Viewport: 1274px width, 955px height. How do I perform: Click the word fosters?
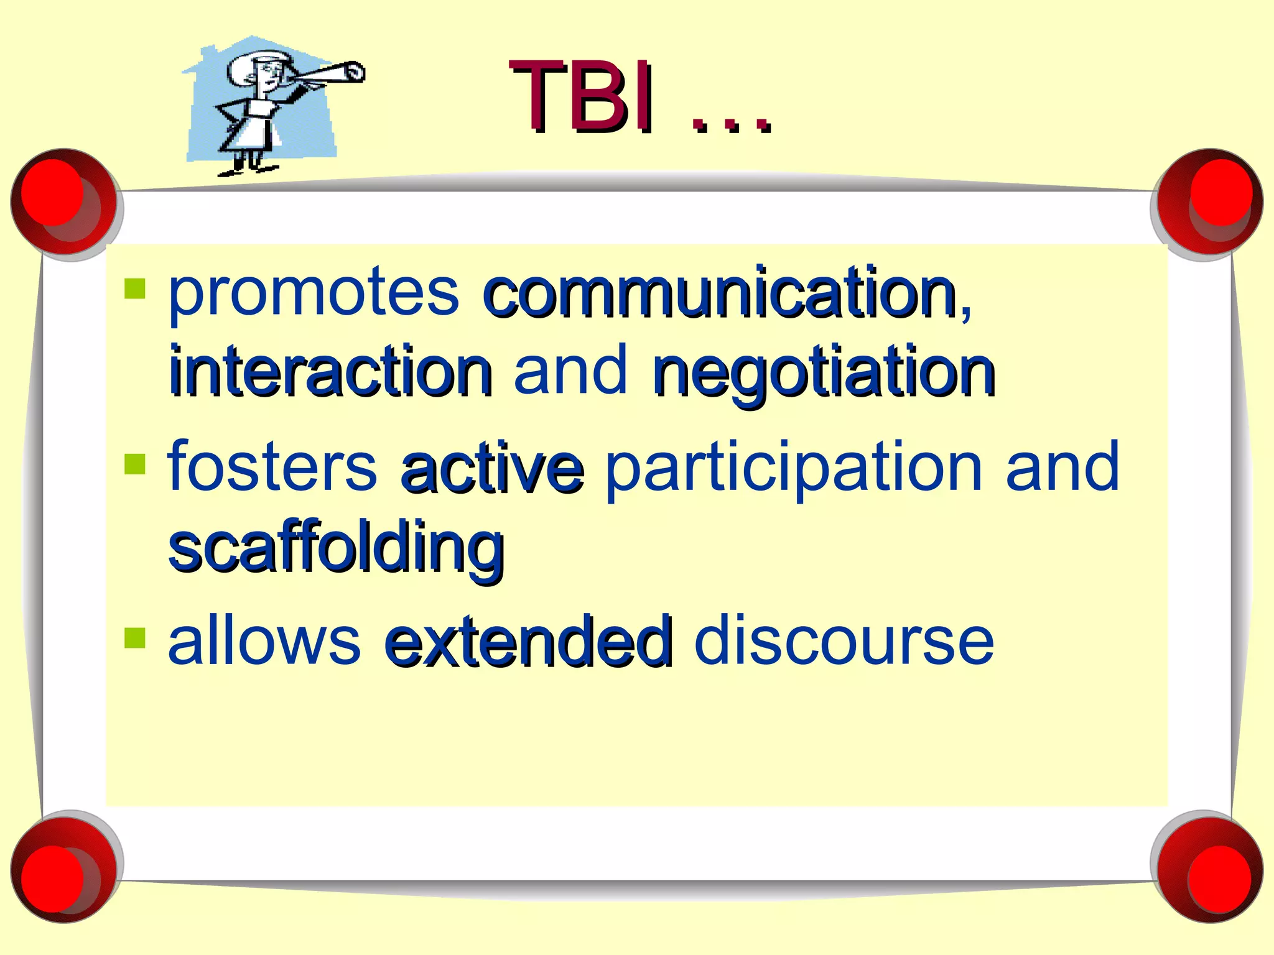[x=272, y=466]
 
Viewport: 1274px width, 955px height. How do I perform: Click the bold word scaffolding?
[x=336, y=547]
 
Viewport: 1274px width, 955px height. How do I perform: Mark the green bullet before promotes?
[x=135, y=288]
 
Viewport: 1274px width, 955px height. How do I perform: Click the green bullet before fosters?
[x=135, y=463]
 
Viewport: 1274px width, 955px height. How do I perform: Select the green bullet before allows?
[x=135, y=637]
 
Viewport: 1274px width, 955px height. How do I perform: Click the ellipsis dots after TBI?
[x=732, y=126]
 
